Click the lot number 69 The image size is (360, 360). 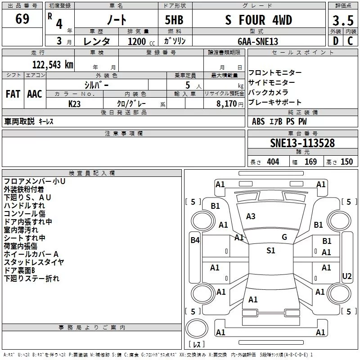pos(22,18)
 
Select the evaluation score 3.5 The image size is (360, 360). pos(343,20)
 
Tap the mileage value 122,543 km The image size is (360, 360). pos(53,65)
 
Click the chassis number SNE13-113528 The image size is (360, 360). pos(302,143)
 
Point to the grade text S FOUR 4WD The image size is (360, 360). pos(258,20)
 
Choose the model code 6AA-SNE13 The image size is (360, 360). pos(258,41)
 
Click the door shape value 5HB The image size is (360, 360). pos(174,20)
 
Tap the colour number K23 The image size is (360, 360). pos(74,104)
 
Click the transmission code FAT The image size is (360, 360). pos(13,94)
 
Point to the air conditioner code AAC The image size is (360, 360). pos(35,94)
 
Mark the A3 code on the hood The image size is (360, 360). pos(251,216)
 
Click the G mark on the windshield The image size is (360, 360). pos(284,237)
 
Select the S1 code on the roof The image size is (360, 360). pos(271,250)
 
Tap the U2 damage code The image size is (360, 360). pos(346,276)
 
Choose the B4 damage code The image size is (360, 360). pos(195,240)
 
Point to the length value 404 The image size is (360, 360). pos(273,162)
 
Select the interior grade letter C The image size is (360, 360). pos(350,41)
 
